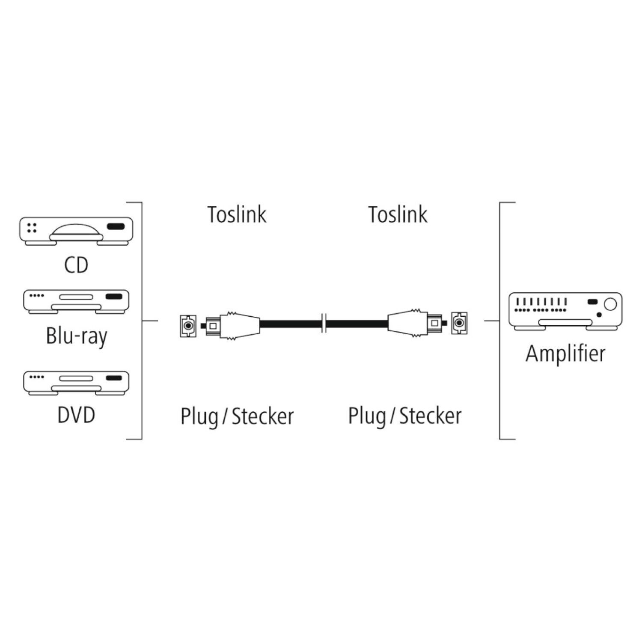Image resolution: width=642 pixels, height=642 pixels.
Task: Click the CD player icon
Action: [x=76, y=231]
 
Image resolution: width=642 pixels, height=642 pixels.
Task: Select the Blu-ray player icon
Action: [x=76, y=302]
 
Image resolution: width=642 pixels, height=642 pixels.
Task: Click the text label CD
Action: [x=76, y=265]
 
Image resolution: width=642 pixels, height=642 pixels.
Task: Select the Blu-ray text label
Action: [x=76, y=336]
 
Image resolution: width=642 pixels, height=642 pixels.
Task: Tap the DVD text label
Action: [x=76, y=415]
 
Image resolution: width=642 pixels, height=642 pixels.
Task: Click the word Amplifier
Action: [x=565, y=354]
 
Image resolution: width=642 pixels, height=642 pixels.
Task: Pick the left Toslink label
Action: [x=237, y=214]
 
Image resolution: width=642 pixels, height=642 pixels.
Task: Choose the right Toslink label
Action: [x=398, y=214]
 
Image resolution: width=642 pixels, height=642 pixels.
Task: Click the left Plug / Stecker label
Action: [x=237, y=416]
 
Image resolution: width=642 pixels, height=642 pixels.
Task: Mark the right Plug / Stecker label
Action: [x=404, y=416]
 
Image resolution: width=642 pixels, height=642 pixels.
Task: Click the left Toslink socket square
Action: [x=187, y=326]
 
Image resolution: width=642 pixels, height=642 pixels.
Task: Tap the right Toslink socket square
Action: [x=459, y=324]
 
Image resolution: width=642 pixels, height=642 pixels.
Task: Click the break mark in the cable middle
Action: [x=324, y=324]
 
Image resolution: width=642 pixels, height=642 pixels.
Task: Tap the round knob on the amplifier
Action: [x=610, y=304]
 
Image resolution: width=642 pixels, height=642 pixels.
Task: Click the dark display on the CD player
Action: [x=115, y=226]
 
